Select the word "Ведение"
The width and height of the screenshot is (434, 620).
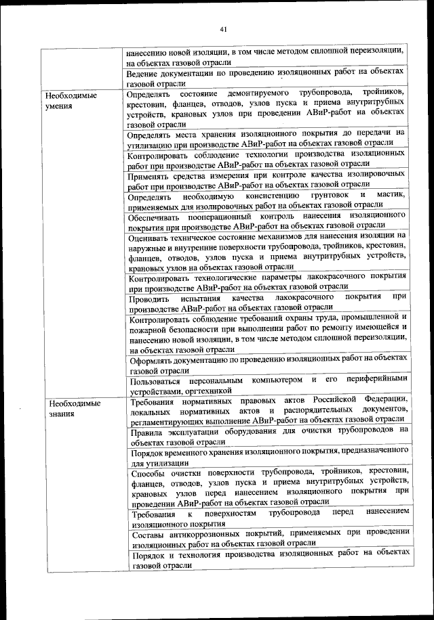tap(146, 72)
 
